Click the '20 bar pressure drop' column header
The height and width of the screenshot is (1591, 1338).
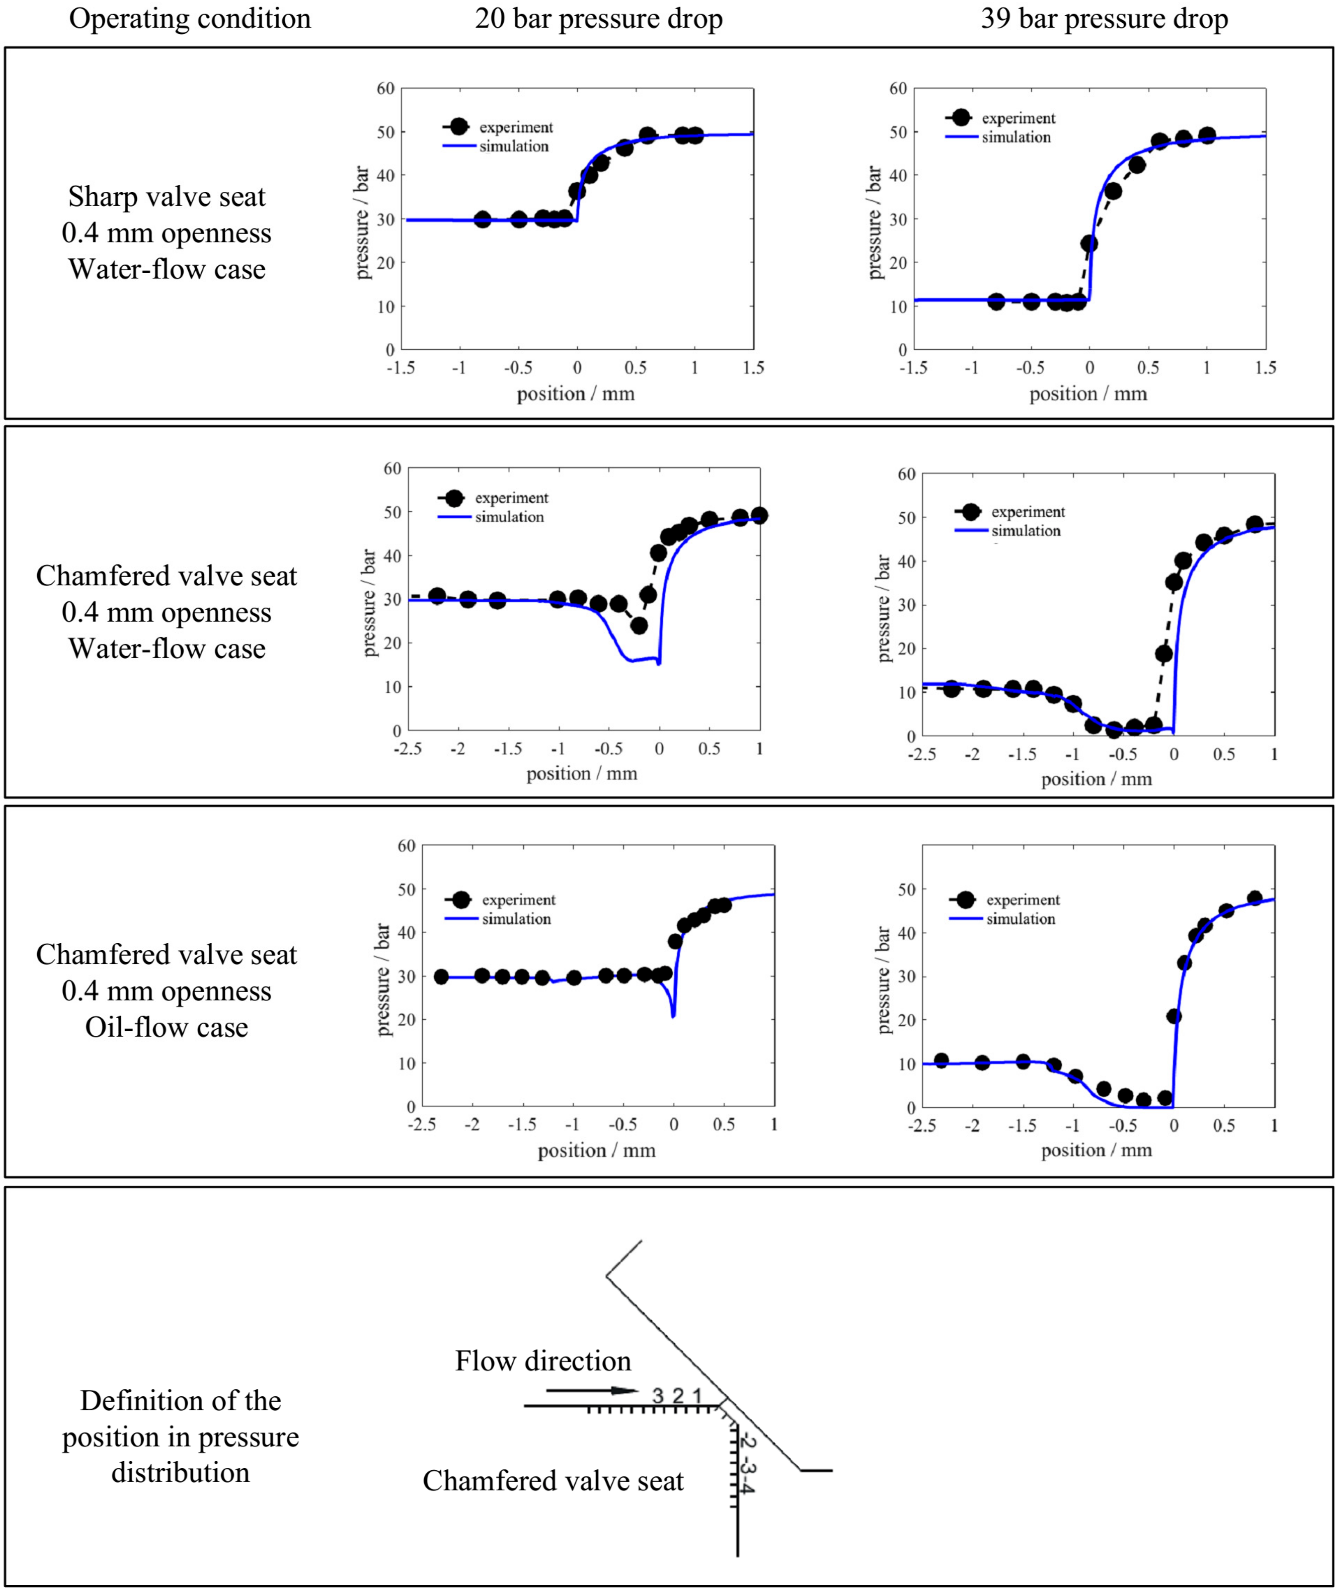[x=598, y=19]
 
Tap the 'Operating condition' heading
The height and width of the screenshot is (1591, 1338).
[x=190, y=19]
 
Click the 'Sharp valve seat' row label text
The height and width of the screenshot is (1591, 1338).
[x=167, y=197]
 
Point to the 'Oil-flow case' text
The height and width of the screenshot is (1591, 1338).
[x=167, y=1028]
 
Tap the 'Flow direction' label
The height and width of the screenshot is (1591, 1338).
[x=543, y=1361]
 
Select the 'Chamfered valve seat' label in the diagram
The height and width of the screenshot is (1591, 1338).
[x=553, y=1481]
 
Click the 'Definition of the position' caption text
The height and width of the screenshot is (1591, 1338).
[x=181, y=1401]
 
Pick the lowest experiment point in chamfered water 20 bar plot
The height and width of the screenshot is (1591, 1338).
[x=639, y=626]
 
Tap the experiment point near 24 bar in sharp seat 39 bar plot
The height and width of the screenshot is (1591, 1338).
[x=1089, y=243]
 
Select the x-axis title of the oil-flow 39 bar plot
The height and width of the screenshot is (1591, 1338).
[x=1096, y=1150]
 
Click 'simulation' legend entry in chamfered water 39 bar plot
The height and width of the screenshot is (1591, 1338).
[x=1025, y=531]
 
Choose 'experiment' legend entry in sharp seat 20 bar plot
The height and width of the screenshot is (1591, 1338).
[x=516, y=127]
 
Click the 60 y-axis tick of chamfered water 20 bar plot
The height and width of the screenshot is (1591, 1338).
[x=392, y=469]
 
